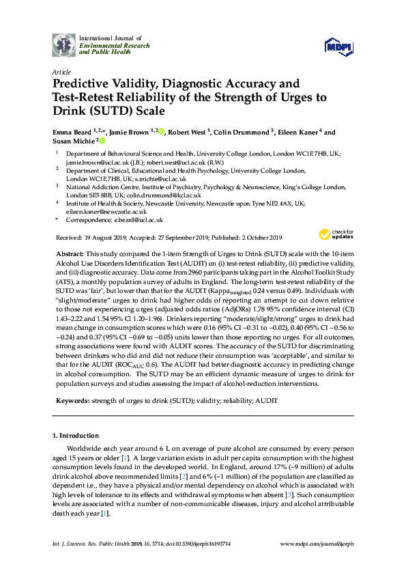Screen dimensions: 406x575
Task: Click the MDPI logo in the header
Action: coord(339,46)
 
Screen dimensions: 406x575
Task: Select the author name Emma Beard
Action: coord(73,132)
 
